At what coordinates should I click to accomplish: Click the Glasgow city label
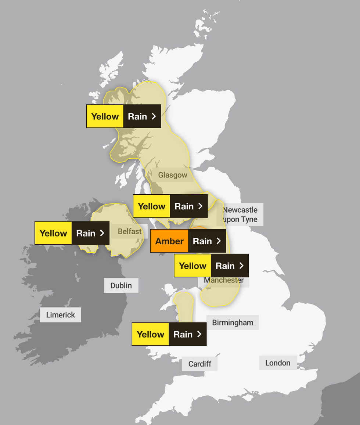[173, 175]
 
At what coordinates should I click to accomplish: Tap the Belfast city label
[129, 231]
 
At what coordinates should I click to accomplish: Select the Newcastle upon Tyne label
[240, 215]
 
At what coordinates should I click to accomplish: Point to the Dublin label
[121, 285]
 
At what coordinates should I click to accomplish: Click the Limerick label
[60, 315]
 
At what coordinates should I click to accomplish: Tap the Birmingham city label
[233, 323]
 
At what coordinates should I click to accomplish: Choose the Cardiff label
[200, 364]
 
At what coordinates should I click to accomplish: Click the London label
[278, 363]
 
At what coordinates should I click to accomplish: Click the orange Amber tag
[169, 241]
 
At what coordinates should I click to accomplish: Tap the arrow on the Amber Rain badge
[219, 241]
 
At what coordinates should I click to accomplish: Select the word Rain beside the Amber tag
[202, 241]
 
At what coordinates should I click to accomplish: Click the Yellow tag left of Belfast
[53, 233]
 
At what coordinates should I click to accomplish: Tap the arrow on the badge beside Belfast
[102, 233]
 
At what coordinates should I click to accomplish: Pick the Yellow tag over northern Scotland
[105, 116]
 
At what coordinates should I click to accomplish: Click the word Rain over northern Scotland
[137, 116]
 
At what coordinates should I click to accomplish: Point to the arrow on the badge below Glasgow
[201, 206]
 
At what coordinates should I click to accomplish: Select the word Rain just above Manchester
[225, 266]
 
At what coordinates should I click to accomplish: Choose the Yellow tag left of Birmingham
[150, 334]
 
